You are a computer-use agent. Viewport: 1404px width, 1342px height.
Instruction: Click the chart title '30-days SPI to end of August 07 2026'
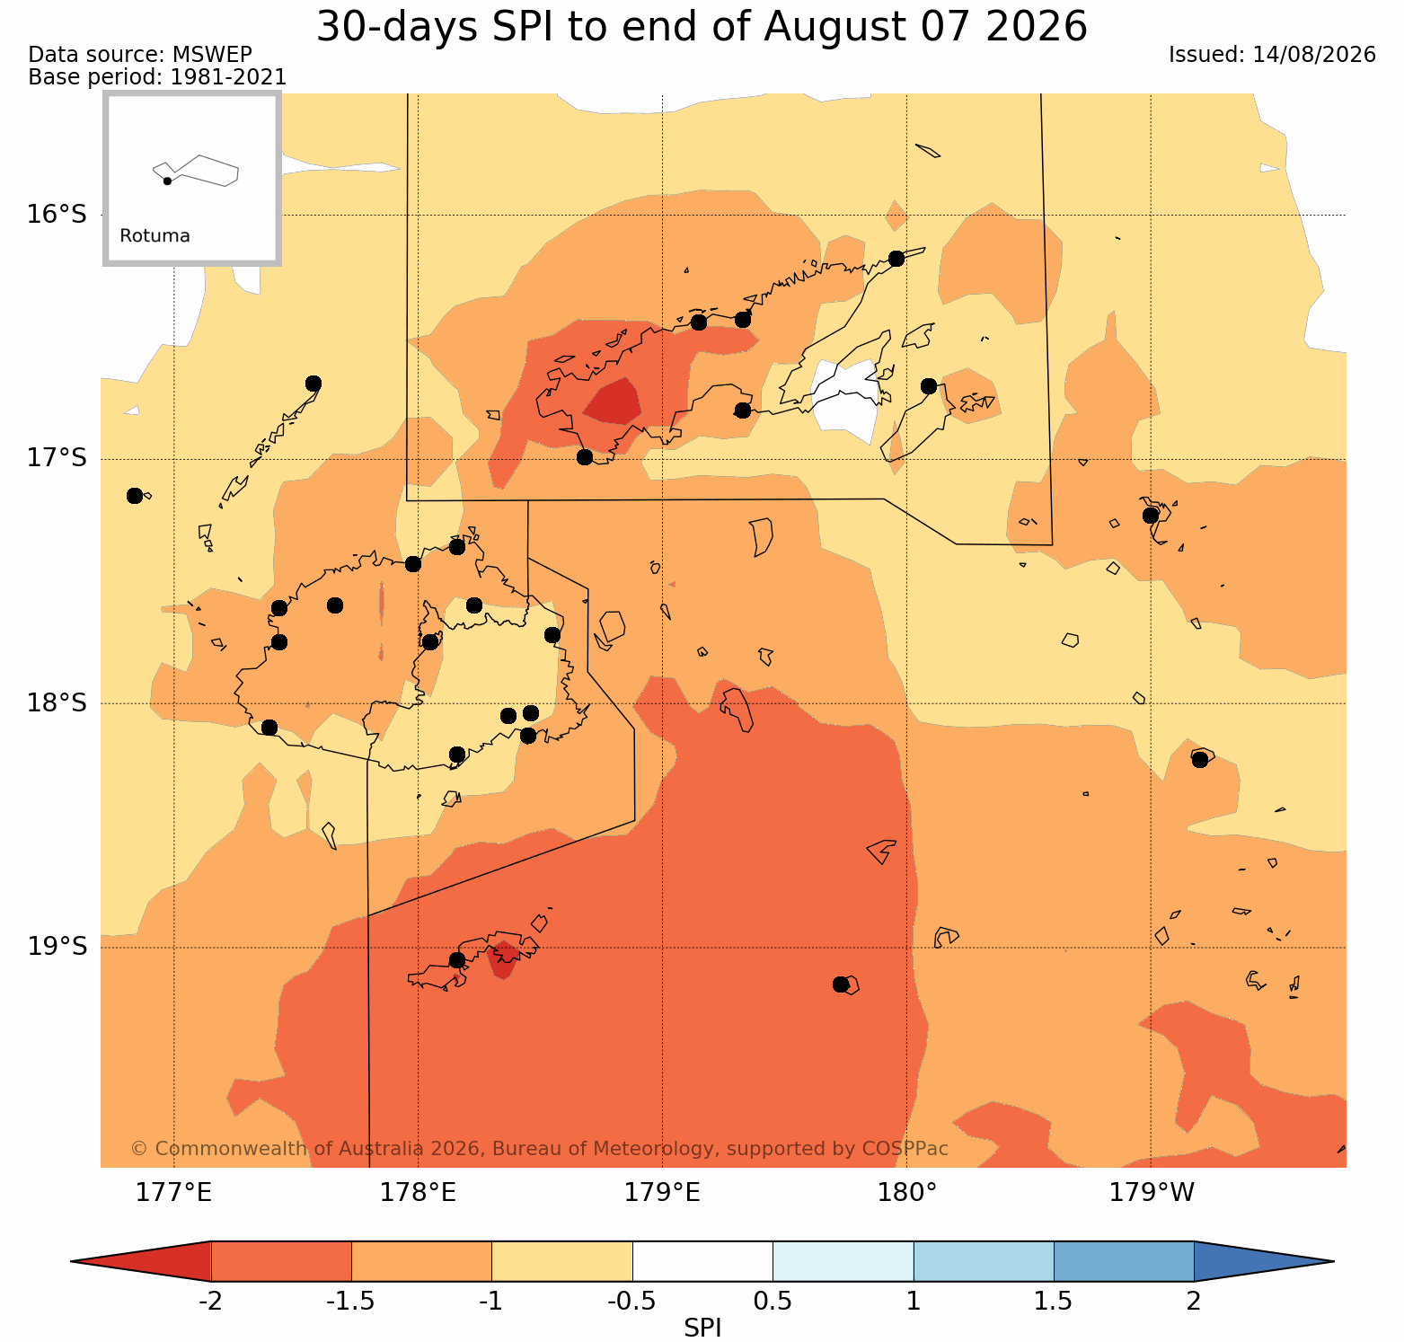tap(702, 27)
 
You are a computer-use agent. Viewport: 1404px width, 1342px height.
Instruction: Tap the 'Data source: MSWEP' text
tap(140, 55)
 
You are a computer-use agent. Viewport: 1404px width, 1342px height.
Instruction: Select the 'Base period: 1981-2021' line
tap(158, 77)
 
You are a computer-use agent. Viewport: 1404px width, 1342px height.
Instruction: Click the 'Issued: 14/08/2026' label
tap(1272, 55)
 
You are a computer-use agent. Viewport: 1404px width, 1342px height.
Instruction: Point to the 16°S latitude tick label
tap(57, 215)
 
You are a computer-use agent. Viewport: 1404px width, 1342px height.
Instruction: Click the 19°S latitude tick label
tap(57, 947)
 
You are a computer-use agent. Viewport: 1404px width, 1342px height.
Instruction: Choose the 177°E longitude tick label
tap(173, 1193)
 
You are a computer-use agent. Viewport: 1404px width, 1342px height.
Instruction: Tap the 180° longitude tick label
tap(906, 1193)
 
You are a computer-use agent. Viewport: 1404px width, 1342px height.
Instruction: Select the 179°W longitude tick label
tap(1152, 1193)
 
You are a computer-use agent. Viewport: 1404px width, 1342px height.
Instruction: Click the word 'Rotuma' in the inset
tap(155, 236)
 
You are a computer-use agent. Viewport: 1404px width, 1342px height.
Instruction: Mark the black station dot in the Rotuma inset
tap(167, 181)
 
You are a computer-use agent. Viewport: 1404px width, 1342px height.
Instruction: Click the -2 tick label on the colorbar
tap(210, 1302)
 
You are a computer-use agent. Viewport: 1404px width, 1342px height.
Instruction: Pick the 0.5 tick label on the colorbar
tap(773, 1302)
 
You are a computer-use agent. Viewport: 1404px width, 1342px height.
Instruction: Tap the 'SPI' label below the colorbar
tap(702, 1329)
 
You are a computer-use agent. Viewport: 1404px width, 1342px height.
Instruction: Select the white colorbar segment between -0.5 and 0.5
tap(702, 1261)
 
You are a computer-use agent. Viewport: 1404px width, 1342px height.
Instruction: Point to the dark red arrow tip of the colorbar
tap(71, 1261)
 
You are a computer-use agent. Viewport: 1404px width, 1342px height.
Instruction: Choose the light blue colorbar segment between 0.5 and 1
tap(843, 1261)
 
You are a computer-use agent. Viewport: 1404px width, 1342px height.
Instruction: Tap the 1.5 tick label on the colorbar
tap(1054, 1302)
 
